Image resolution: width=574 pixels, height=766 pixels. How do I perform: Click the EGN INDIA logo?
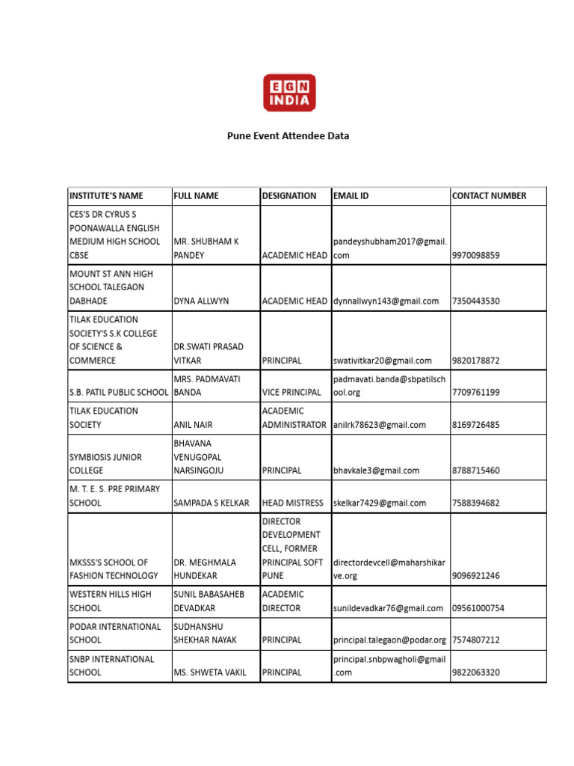288,92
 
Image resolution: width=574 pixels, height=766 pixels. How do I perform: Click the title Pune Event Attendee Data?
288,136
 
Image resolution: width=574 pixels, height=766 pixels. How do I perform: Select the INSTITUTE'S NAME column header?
105,196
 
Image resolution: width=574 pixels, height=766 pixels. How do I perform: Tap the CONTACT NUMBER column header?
489,196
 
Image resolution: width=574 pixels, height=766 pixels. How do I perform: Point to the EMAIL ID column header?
351,196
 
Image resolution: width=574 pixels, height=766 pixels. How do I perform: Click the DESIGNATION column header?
289,196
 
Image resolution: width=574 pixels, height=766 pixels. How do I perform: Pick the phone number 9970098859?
476,255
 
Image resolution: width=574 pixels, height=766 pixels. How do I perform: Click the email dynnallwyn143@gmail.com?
386,301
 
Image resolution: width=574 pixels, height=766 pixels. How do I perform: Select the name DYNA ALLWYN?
201,301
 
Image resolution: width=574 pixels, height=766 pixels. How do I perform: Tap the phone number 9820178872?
476,361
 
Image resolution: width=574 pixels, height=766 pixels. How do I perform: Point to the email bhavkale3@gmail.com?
377,471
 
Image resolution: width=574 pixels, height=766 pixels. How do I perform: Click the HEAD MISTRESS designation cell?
293,503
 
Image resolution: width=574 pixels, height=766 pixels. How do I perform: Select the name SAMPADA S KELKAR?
212,503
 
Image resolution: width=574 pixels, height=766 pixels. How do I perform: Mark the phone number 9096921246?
476,576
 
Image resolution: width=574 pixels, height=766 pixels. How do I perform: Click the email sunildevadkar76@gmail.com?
388,608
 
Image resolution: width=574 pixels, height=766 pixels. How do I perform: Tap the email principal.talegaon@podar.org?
389,640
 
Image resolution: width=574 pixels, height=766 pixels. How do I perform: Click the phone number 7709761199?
476,392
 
